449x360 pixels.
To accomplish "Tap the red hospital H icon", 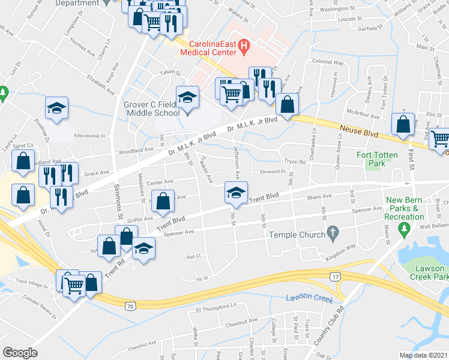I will tap(244, 45).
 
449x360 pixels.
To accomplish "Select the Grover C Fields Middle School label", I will tap(151, 109).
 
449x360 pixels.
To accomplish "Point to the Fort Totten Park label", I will tap(377, 159).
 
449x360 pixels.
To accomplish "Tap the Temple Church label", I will tap(298, 234).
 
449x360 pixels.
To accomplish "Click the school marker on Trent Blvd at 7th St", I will tap(235, 193).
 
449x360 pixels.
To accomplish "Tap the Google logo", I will tap(20, 352).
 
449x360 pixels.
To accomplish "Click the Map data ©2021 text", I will tap(423, 355).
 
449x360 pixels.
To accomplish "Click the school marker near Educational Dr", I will tap(57, 109).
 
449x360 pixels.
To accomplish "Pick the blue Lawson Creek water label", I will tap(309, 298).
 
